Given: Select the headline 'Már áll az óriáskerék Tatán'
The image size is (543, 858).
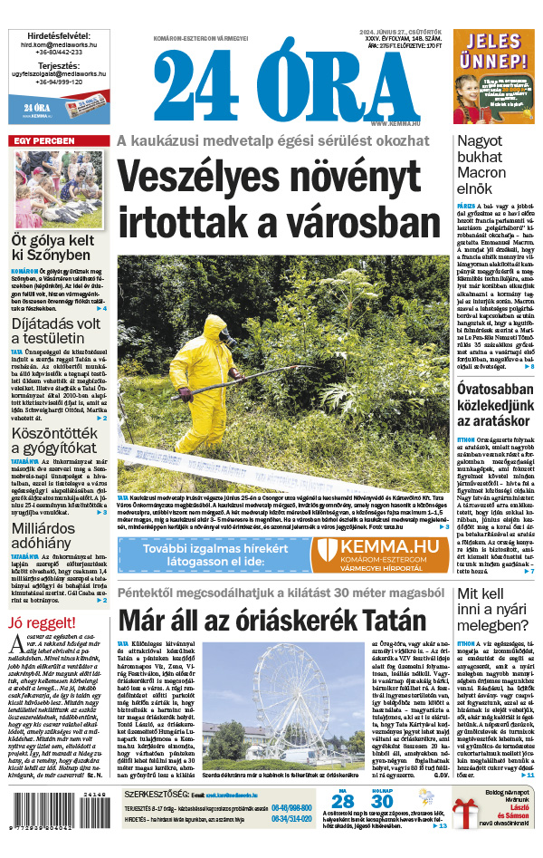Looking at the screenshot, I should [x=271, y=621].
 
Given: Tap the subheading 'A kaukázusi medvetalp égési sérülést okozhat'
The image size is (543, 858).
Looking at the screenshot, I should [x=272, y=140].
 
